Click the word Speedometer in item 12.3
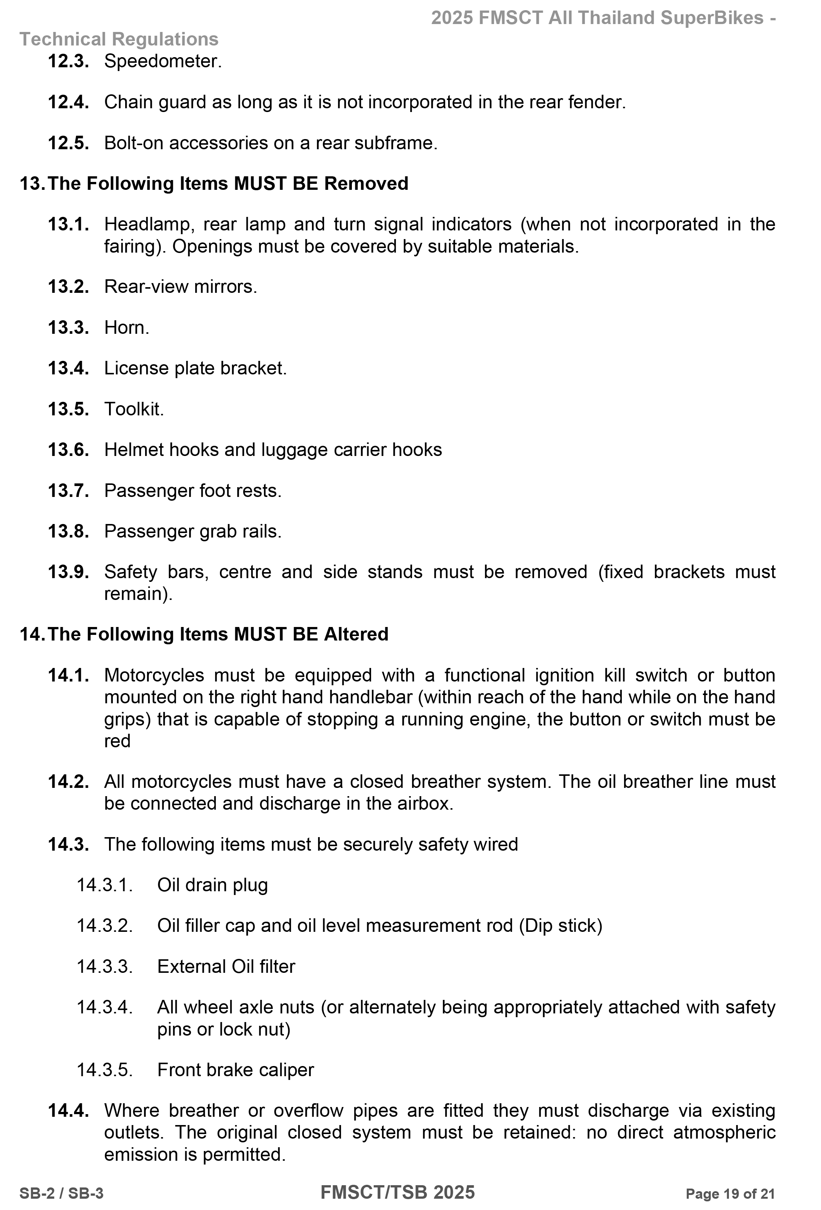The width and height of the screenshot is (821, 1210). (162, 61)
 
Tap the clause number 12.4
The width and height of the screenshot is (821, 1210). (68, 102)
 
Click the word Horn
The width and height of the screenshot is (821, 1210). (126, 327)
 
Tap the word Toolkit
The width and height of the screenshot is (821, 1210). (134, 409)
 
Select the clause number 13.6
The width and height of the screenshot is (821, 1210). (68, 450)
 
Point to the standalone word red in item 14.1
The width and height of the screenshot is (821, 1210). (117, 741)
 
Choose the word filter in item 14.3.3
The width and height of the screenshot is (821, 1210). (277, 966)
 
